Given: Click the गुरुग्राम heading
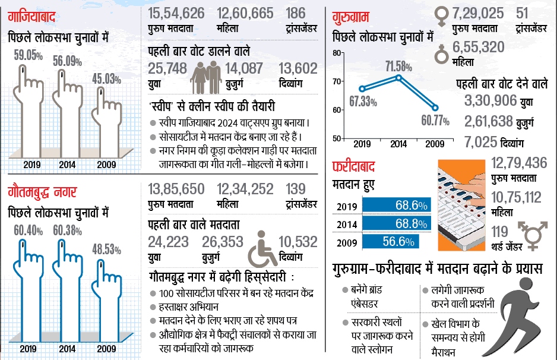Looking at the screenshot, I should tap(355, 12).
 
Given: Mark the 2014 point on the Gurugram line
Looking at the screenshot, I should tap(398, 77).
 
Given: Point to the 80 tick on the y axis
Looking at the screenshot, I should tap(338, 53).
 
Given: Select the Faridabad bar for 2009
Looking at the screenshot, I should tap(391, 242).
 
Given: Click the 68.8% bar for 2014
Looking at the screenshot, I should tap(397, 224).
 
